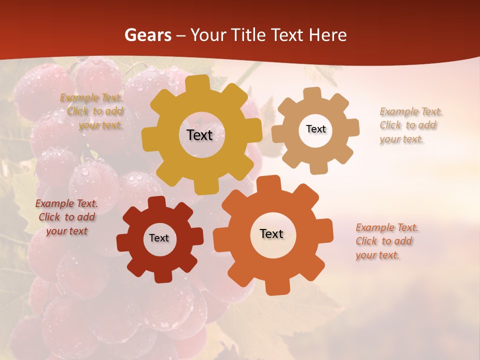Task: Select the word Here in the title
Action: pyautogui.click(x=328, y=35)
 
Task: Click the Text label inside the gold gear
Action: pyautogui.click(x=199, y=135)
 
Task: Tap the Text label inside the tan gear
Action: pyautogui.click(x=315, y=129)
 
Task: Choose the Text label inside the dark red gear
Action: pyautogui.click(x=159, y=238)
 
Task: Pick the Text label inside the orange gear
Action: pyautogui.click(x=271, y=233)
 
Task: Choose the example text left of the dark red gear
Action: pyautogui.click(x=66, y=217)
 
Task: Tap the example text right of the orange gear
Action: pyautogui.click(x=386, y=241)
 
